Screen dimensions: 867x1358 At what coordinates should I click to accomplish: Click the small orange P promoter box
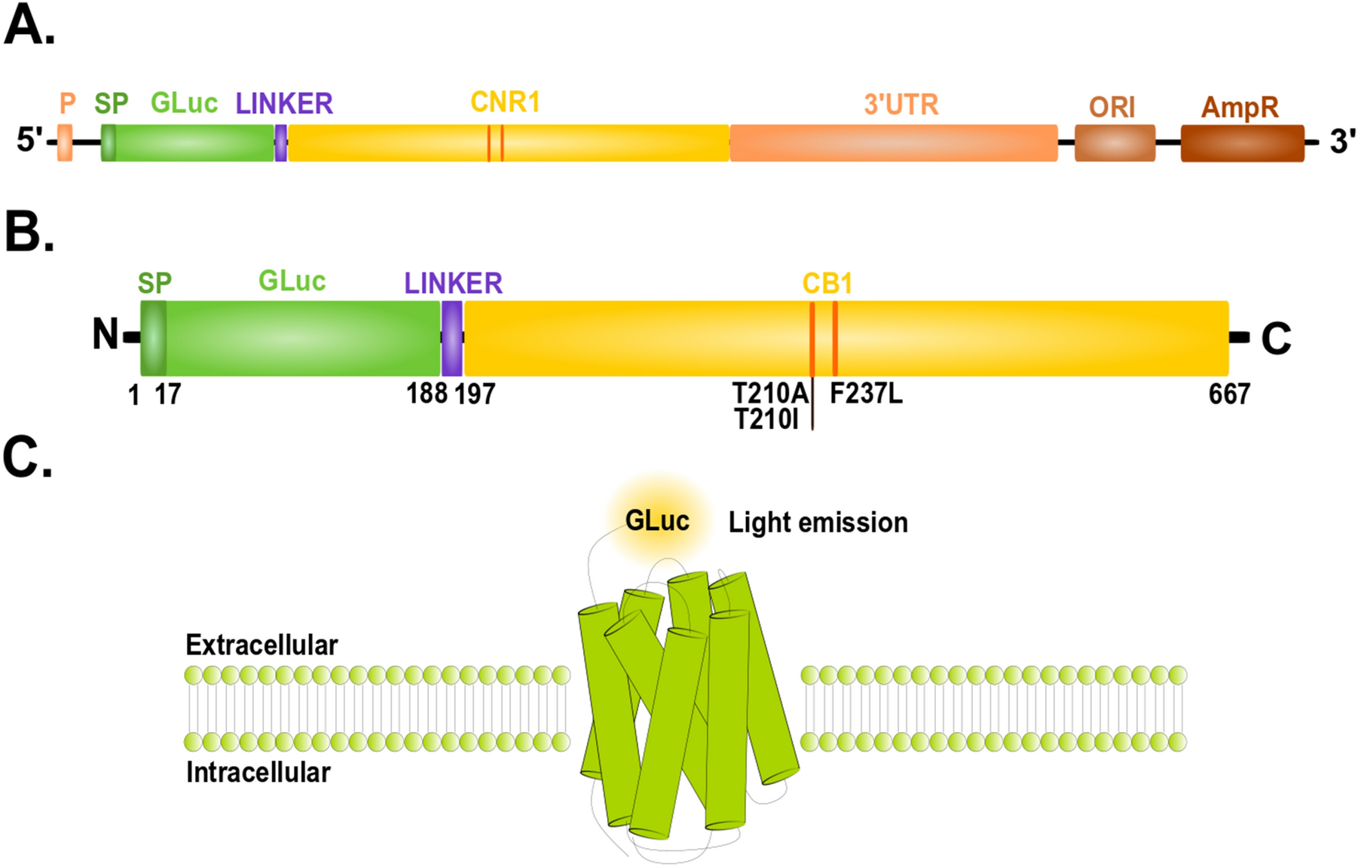point(65,142)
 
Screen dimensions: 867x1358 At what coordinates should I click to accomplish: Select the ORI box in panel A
point(1115,142)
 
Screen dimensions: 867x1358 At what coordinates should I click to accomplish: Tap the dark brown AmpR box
point(1242,143)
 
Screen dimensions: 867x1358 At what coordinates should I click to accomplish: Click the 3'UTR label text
point(901,105)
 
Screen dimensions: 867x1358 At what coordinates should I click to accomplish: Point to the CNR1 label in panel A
point(505,102)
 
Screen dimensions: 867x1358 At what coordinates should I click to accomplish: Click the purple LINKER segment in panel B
point(451,338)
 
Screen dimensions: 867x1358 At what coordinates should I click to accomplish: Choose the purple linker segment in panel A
point(280,142)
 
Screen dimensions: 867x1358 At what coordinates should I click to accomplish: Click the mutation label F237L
point(866,393)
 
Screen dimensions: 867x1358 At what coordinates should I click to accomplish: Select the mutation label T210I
point(766,419)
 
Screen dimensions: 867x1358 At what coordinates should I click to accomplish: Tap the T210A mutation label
point(770,393)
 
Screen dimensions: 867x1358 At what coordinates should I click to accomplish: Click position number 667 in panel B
point(1229,394)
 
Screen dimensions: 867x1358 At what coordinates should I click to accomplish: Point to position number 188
point(427,393)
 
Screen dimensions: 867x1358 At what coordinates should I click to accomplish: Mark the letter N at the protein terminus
point(106,334)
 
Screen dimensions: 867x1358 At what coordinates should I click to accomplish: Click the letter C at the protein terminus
point(1276,339)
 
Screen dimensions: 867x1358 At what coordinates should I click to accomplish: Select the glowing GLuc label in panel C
point(657,521)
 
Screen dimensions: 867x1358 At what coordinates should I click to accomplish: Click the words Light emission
point(818,522)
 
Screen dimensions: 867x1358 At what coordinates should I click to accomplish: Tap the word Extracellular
point(262,645)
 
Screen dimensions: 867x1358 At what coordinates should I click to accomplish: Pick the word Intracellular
point(258,773)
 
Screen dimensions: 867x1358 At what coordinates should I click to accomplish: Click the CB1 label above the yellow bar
point(827,283)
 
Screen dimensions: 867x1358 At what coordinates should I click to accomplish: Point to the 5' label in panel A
point(29,139)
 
